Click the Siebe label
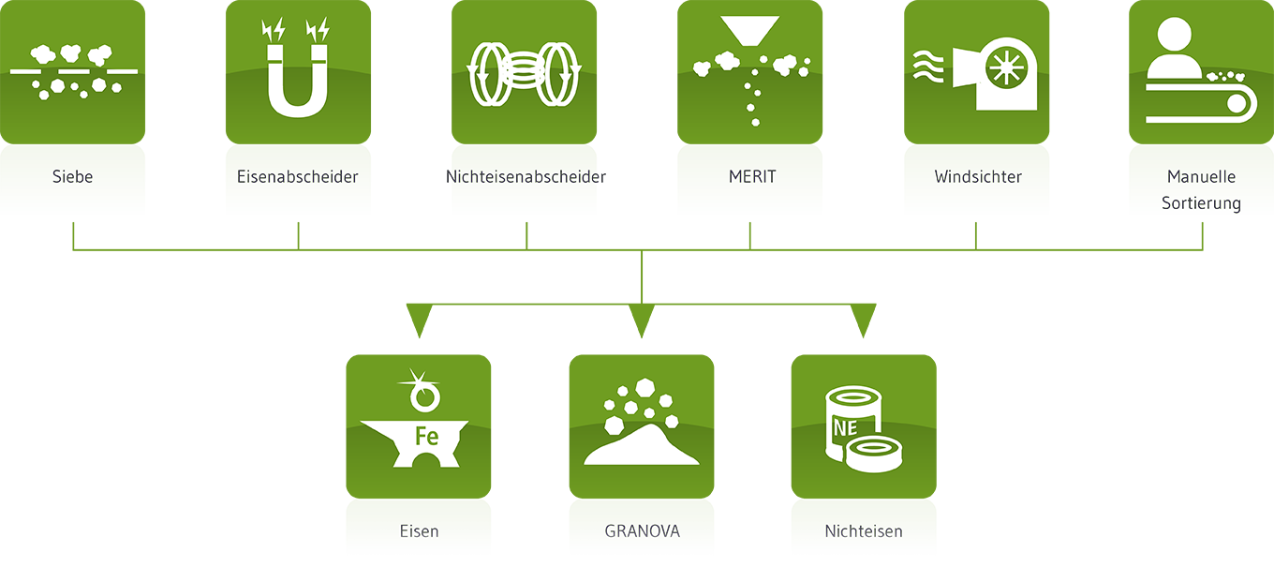tap(73, 176)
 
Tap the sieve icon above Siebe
tap(73, 70)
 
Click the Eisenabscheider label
tap(298, 176)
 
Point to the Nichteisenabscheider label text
tap(525, 176)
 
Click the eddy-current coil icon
tap(525, 71)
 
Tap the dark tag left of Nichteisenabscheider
tap(427, 176)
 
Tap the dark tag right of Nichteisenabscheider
tap(619, 176)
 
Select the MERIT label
tap(752, 176)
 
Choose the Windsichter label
tap(978, 176)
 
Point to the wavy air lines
tap(928, 67)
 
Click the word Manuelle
tap(1201, 176)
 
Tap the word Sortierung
tap(1201, 203)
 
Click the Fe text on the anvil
tap(426, 436)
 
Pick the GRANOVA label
tap(642, 531)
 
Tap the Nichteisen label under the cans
tap(864, 531)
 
